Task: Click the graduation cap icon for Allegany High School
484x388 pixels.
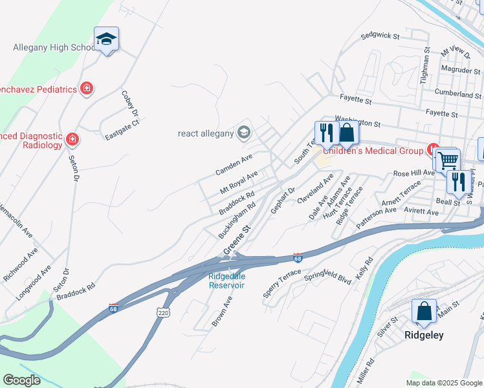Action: click(105, 39)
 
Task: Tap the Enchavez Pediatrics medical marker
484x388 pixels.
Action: click(86, 89)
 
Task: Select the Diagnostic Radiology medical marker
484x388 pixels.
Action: click(72, 138)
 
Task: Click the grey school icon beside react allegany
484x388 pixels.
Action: click(244, 133)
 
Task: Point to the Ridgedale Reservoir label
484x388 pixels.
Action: click(226, 281)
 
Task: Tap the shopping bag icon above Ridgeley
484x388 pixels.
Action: click(424, 311)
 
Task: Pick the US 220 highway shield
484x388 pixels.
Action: click(162, 312)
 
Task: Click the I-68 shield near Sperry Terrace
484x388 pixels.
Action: click(298, 258)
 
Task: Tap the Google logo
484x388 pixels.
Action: click(21, 380)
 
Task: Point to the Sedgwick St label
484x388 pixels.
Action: click(380, 36)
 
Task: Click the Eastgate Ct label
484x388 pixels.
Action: click(122, 131)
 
